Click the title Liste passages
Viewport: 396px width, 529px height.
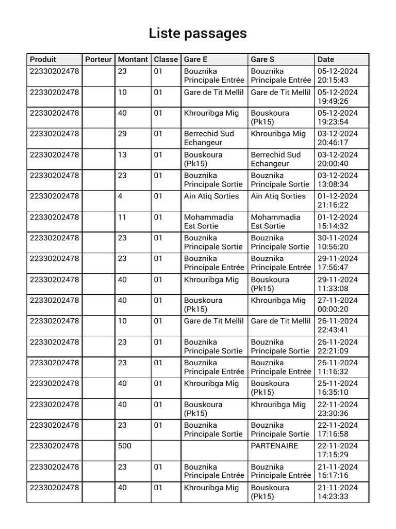tap(197, 34)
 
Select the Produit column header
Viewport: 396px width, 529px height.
tap(43, 59)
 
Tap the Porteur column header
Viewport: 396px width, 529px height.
tap(98, 59)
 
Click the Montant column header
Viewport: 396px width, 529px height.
tap(133, 59)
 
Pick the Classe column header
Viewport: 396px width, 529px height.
tap(166, 59)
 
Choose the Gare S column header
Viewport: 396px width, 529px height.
tap(262, 59)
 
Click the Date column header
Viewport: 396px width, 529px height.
tap(326, 59)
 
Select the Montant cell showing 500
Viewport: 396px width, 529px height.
tap(124, 446)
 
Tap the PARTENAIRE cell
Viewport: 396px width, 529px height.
tap(274, 446)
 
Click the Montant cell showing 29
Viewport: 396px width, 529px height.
tap(122, 134)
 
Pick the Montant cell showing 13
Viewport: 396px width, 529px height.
tap(122, 154)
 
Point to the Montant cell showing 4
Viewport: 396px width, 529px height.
tap(120, 196)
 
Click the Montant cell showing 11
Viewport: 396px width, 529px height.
tap(122, 217)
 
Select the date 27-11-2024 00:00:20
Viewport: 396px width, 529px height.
tap(338, 305)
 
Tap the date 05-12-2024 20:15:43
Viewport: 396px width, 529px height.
tap(338, 75)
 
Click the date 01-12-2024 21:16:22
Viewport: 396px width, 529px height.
tap(338, 200)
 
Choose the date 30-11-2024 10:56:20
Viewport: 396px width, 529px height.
tap(338, 242)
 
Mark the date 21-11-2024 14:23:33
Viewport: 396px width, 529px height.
tap(338, 492)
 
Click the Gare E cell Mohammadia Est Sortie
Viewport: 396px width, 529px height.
tap(208, 222)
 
